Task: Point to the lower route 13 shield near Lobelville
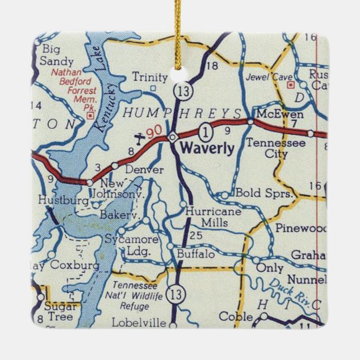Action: click(x=177, y=292)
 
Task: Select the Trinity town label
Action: click(x=149, y=77)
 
